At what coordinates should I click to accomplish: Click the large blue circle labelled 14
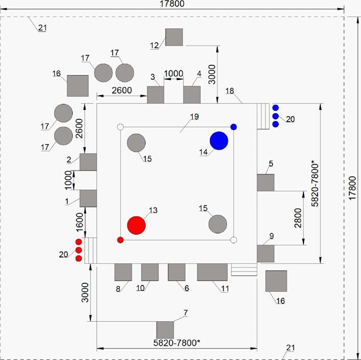219,140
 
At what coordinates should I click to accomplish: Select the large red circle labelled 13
136,225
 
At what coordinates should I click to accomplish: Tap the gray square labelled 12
174,37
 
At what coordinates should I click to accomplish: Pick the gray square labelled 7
165,329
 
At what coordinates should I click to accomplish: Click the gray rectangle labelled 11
212,272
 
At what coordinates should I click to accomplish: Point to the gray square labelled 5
265,183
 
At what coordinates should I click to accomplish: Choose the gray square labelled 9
265,253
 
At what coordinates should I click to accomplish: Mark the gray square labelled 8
123,272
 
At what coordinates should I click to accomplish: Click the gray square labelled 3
155,94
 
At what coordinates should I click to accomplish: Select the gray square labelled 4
192,94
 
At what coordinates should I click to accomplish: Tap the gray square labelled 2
88,162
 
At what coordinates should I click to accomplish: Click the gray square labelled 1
88,198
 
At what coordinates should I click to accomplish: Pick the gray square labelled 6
177,272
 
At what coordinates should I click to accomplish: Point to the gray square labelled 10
150,272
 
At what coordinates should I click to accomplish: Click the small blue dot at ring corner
233,126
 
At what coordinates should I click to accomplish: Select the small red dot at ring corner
120,240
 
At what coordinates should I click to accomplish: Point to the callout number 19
194,117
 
